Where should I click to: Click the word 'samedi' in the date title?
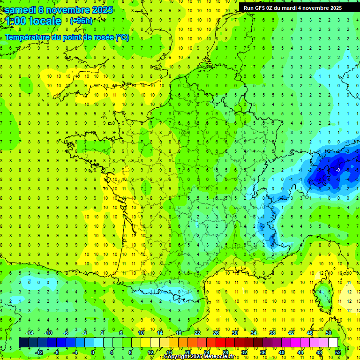20,9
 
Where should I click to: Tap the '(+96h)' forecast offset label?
81,21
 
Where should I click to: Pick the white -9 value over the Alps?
337,170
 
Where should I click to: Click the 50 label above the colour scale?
329,333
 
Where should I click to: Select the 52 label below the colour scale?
338,352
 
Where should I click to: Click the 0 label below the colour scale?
93,352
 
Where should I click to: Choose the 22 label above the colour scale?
197,333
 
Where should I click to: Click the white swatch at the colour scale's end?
333,343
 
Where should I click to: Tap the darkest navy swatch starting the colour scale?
23,343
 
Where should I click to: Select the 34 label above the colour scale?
254,333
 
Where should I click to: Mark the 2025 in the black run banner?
334,8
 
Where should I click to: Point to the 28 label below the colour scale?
225,352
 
